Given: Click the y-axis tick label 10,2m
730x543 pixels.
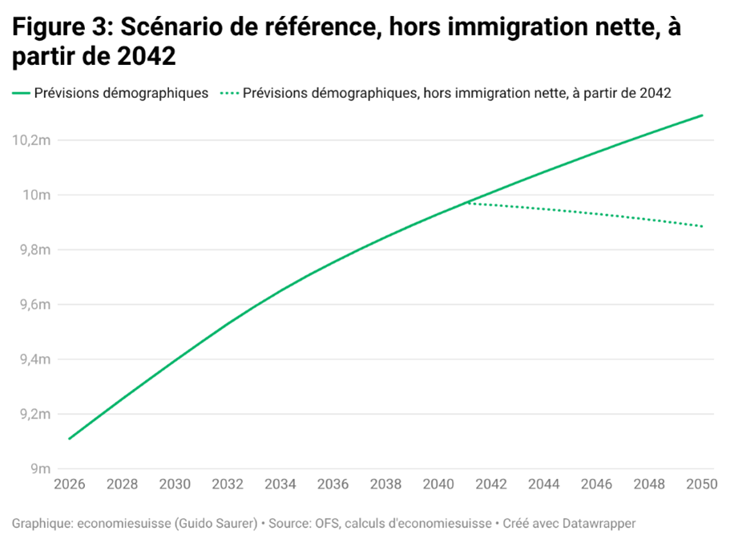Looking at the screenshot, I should (x=30, y=140).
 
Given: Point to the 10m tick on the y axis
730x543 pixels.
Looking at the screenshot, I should (x=35, y=195).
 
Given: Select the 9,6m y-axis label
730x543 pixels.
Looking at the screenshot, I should (x=33, y=305).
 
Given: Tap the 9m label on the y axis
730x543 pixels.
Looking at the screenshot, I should (x=40, y=469).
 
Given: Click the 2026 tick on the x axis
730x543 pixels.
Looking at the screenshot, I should (x=69, y=484).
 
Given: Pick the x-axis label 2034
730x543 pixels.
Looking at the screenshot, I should (x=280, y=484).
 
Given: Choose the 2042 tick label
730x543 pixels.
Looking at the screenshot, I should (x=490, y=484).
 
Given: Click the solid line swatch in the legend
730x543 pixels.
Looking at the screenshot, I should (x=21, y=93).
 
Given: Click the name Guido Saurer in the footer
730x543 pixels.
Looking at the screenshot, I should (x=218, y=524).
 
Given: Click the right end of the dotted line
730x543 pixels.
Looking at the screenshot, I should (x=703, y=226).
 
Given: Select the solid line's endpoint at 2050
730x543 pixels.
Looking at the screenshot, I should (x=703, y=115).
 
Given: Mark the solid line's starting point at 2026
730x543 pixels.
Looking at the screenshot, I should (x=69, y=439).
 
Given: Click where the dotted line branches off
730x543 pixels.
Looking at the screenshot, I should (x=466, y=202).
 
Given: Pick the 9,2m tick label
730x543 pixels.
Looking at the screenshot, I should (x=33, y=415).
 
